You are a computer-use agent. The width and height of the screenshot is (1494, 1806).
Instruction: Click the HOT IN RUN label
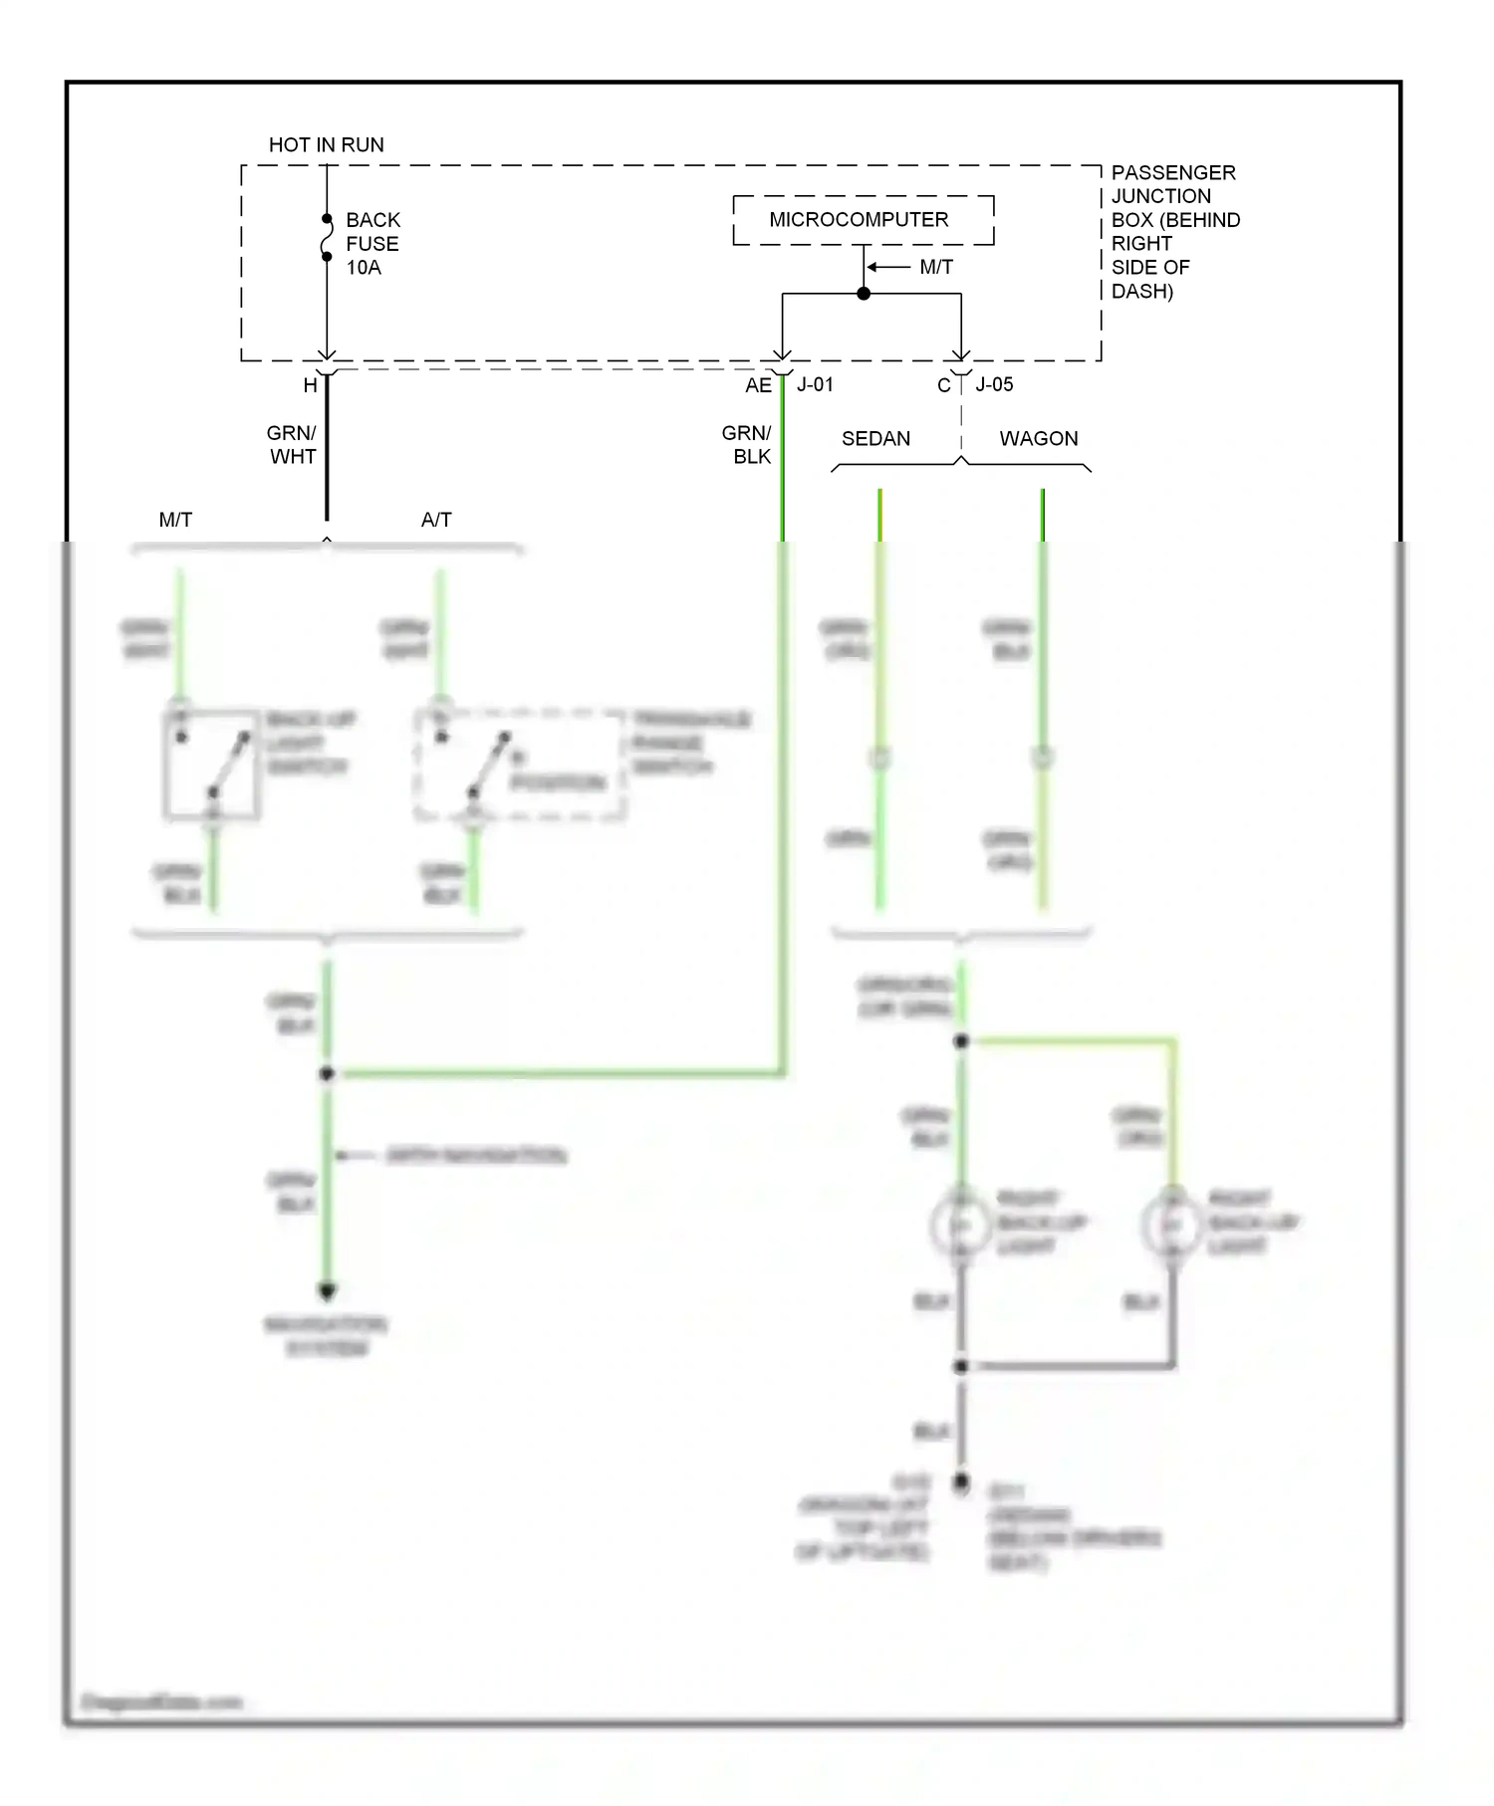coord(326,144)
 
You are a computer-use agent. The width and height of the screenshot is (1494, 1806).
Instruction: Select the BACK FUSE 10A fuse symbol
coord(327,238)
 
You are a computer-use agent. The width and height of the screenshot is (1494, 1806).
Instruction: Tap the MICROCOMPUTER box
coord(863,220)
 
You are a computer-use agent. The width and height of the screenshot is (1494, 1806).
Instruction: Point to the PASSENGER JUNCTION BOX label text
coord(1173,231)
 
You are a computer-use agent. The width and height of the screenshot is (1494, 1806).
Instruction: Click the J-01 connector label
coord(815,384)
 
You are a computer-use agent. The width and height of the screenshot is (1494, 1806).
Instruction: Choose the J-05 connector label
coord(994,384)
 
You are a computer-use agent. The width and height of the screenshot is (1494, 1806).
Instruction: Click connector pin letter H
coord(310,385)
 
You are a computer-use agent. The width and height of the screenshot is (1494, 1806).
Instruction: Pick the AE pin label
coord(758,385)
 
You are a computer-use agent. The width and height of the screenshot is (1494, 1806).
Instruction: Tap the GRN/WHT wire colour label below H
coord(292,445)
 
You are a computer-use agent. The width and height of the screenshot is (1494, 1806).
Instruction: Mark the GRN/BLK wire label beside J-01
coord(747,445)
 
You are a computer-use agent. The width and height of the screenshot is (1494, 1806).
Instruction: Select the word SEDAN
coord(875,438)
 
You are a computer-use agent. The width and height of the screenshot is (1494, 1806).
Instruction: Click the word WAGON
coord(1038,438)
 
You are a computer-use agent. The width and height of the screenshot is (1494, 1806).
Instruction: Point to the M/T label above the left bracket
coord(175,520)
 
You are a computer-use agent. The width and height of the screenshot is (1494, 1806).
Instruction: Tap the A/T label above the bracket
coord(436,520)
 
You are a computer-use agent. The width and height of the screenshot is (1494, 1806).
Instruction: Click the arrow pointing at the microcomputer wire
coord(886,267)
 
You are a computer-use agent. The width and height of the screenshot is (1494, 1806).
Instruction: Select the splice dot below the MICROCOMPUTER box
coord(864,294)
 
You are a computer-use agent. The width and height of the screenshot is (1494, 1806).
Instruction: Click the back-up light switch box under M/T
coord(212,765)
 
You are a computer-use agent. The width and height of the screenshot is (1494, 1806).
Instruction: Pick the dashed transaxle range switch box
coord(520,766)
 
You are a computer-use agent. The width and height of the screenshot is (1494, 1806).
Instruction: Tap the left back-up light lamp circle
coord(961,1226)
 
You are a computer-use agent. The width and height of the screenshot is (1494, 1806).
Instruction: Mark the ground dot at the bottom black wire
coord(960,1482)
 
